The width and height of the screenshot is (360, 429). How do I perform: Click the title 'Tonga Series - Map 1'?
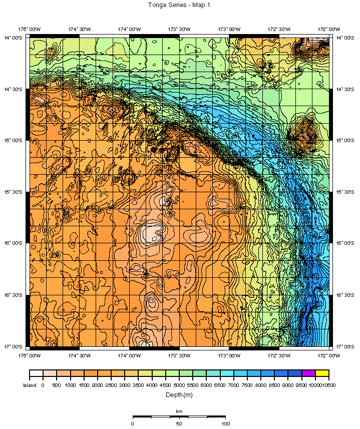[179, 5]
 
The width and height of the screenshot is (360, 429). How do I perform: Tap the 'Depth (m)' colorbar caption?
[179, 395]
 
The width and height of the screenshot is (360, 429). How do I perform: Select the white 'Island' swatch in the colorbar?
[36, 373]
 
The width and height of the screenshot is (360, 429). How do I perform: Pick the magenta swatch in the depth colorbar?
[308, 373]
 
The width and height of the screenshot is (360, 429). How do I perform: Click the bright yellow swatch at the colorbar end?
[322, 373]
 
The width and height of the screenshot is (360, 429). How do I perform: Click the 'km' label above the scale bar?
[179, 411]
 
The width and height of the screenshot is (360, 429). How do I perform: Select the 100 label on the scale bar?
[225, 423]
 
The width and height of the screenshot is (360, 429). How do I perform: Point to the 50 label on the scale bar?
[179, 423]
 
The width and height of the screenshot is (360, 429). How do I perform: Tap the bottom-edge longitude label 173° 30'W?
[179, 355]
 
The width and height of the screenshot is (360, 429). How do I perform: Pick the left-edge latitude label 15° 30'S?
[14, 192]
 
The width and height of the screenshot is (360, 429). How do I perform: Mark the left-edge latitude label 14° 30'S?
[14, 89]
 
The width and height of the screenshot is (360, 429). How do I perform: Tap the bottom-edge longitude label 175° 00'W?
[30, 355]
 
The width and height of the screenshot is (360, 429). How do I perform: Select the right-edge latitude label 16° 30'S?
[345, 295]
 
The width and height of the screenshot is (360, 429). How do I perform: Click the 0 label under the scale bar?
[133, 423]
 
